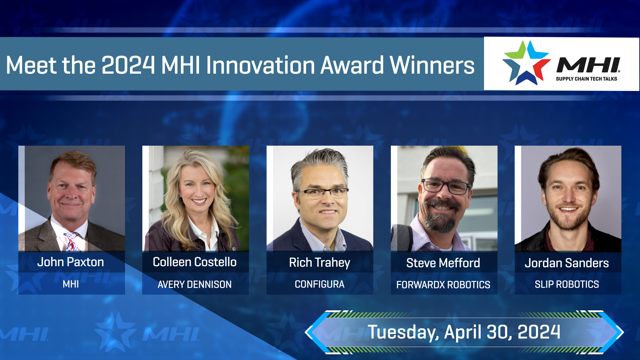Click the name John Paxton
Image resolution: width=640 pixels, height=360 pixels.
click(x=71, y=262)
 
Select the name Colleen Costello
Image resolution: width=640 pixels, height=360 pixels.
click(x=195, y=262)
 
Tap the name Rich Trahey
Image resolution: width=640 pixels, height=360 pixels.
click(x=319, y=263)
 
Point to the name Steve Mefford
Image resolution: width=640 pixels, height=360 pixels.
click(x=443, y=263)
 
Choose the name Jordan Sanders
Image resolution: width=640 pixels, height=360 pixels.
click(x=567, y=263)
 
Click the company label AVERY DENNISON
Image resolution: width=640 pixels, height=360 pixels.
click(x=195, y=284)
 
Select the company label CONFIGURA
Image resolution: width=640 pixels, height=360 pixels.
click(x=319, y=284)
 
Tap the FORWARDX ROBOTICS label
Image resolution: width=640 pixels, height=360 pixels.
click(x=443, y=285)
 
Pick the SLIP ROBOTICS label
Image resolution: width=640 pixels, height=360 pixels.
click(x=567, y=284)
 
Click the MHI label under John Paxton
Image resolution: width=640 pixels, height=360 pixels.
click(x=71, y=284)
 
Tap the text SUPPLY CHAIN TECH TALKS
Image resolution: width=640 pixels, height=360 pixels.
click(x=586, y=79)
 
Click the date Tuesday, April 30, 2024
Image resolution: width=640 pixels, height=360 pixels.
click(x=464, y=332)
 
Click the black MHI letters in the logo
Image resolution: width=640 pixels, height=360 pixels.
click(x=588, y=65)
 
